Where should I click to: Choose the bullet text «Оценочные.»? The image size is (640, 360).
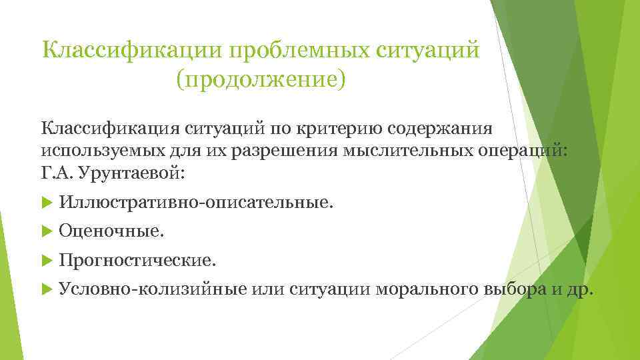click(x=110, y=231)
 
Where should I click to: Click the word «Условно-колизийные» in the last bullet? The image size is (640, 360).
click(x=153, y=289)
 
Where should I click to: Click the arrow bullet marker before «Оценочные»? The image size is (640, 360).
click(x=47, y=231)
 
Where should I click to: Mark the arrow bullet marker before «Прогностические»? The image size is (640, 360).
click(x=47, y=260)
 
